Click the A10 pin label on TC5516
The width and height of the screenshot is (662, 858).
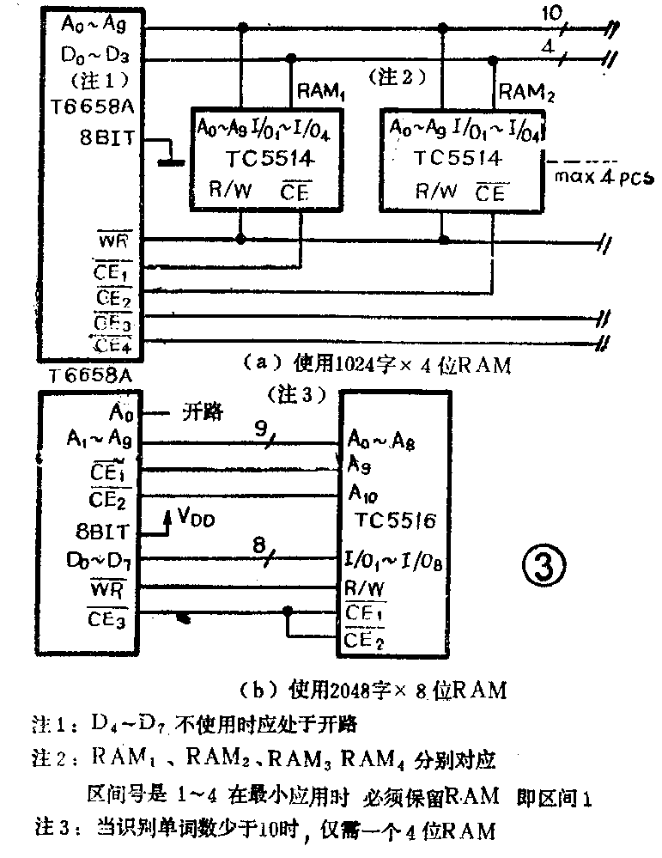(x=363, y=494)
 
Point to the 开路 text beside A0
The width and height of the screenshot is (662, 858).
(x=202, y=412)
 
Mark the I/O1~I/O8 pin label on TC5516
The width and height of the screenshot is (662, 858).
(x=394, y=563)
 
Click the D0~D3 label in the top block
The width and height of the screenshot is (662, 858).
(x=95, y=58)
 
